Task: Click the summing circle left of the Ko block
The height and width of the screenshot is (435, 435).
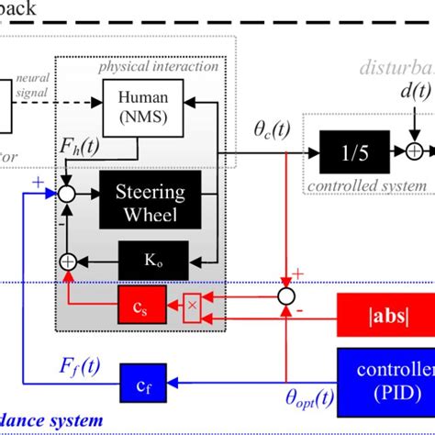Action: click(x=66, y=262)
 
